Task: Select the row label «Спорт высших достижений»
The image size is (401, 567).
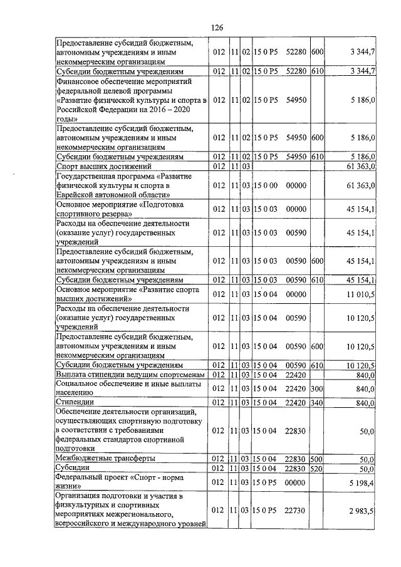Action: [104, 166]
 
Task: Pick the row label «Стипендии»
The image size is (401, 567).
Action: [75, 401]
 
